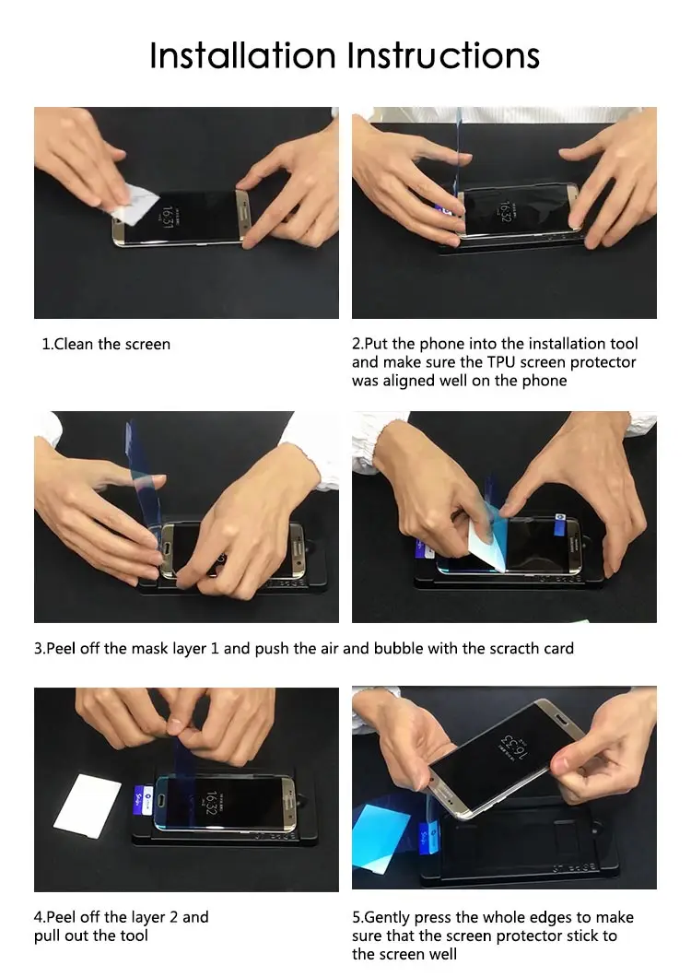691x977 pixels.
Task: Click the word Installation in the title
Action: coord(243,55)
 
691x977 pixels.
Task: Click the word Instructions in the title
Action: coord(444,55)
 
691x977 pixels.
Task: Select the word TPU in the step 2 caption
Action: coord(501,362)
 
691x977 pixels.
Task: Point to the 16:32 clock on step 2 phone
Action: coord(505,213)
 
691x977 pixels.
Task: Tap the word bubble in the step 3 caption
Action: coord(398,648)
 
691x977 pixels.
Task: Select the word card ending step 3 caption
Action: coord(558,648)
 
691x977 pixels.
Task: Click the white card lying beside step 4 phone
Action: coord(87,805)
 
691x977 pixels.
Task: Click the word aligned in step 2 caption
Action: coord(411,381)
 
